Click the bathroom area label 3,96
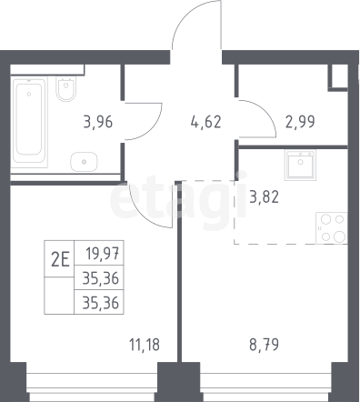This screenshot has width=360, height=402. tap(97, 122)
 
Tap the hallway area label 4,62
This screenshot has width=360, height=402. tap(206, 122)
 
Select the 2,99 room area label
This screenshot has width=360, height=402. tap(300, 122)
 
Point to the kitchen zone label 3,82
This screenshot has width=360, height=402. tap(264, 197)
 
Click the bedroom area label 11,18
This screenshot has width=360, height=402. tap(145, 345)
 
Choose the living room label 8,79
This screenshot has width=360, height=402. tap(264, 345)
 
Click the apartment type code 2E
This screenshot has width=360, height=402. tap(60, 260)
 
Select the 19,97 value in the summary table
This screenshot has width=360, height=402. tap(102, 253)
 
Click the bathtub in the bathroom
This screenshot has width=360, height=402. tap(29, 122)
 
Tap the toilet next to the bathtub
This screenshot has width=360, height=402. tap(66, 88)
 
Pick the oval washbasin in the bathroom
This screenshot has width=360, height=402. tap(84, 162)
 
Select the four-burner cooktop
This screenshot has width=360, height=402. tap(332, 228)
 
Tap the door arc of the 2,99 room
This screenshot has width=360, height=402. tap(265, 111)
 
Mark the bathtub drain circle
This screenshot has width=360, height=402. tap(29, 94)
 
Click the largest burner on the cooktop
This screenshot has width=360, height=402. tap(339, 236)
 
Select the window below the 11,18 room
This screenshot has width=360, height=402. tap(92, 382)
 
